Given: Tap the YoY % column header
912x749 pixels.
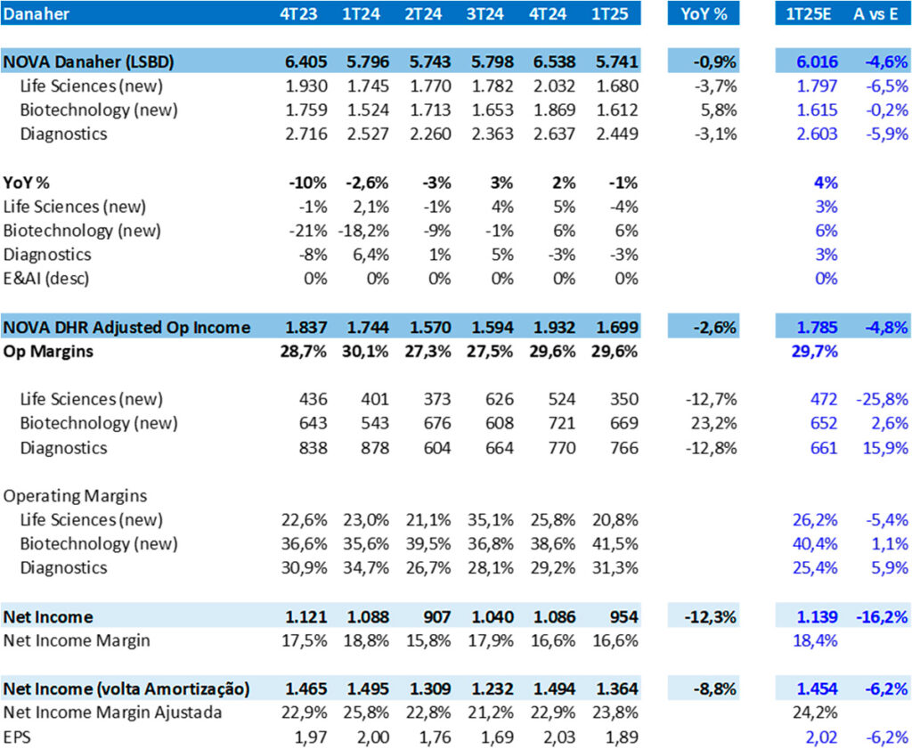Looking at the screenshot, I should click(x=704, y=13).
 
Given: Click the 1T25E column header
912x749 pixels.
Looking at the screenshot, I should click(x=808, y=13).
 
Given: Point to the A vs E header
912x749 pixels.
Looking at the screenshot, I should click(x=875, y=13).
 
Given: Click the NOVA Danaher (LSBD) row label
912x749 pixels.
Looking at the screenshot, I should click(x=89, y=62).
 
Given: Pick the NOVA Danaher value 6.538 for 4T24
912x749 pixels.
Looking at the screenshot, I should click(x=555, y=62).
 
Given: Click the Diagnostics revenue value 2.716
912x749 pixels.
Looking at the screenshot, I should click(x=306, y=134).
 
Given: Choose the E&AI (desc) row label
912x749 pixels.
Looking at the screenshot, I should click(x=47, y=279).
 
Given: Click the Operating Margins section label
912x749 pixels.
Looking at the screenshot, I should click(x=76, y=495).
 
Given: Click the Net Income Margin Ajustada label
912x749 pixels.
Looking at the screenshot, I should click(x=112, y=712).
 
